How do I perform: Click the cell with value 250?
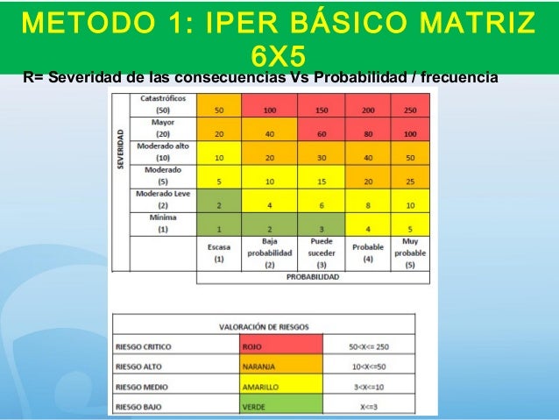[409, 110]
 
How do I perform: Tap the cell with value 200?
[366, 110]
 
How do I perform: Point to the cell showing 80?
[366, 133]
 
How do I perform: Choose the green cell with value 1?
[219, 227]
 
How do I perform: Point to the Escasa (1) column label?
[219, 253]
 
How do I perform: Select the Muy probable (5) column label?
[409, 253]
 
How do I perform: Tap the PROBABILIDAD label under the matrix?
[314, 277]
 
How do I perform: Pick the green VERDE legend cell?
[280, 407]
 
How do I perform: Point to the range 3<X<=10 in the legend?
[368, 386]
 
